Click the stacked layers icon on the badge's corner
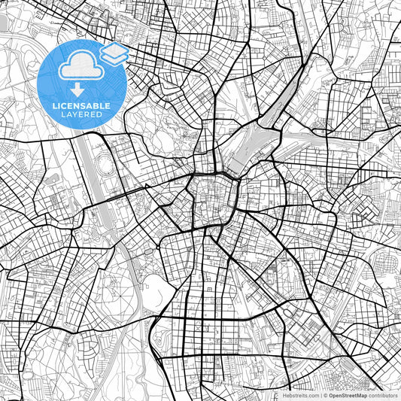click(114, 55)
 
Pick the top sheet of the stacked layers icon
click(114, 50)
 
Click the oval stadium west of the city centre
click(104, 165)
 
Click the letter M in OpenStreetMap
click(360, 394)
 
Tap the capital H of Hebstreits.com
click(284, 394)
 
